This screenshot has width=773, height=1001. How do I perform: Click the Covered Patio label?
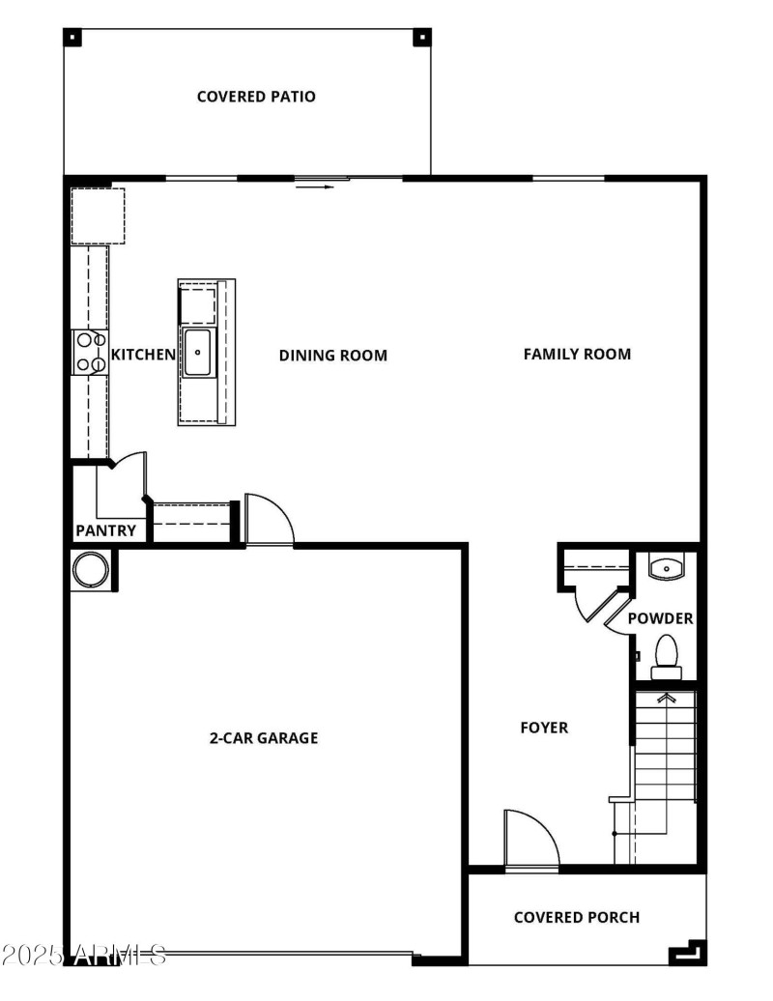pos(256,97)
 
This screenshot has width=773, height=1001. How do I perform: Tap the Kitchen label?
pos(143,355)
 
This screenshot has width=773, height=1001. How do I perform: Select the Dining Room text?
pos(333,356)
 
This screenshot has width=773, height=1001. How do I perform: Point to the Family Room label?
pos(577,355)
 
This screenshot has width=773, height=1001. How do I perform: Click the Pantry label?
pos(105,530)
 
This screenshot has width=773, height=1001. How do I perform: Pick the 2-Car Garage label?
pos(264,738)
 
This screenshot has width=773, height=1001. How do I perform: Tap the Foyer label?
pos(544,728)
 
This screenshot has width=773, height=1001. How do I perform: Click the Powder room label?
pos(660,618)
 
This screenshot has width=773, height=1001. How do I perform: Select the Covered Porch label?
pos(577,917)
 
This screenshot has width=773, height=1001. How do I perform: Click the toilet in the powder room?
pos(667,654)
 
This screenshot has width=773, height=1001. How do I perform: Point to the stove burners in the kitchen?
pos(89,352)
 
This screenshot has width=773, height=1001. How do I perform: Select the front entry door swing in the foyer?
pos(530,840)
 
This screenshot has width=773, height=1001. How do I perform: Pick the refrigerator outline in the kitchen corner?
pos(98,215)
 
